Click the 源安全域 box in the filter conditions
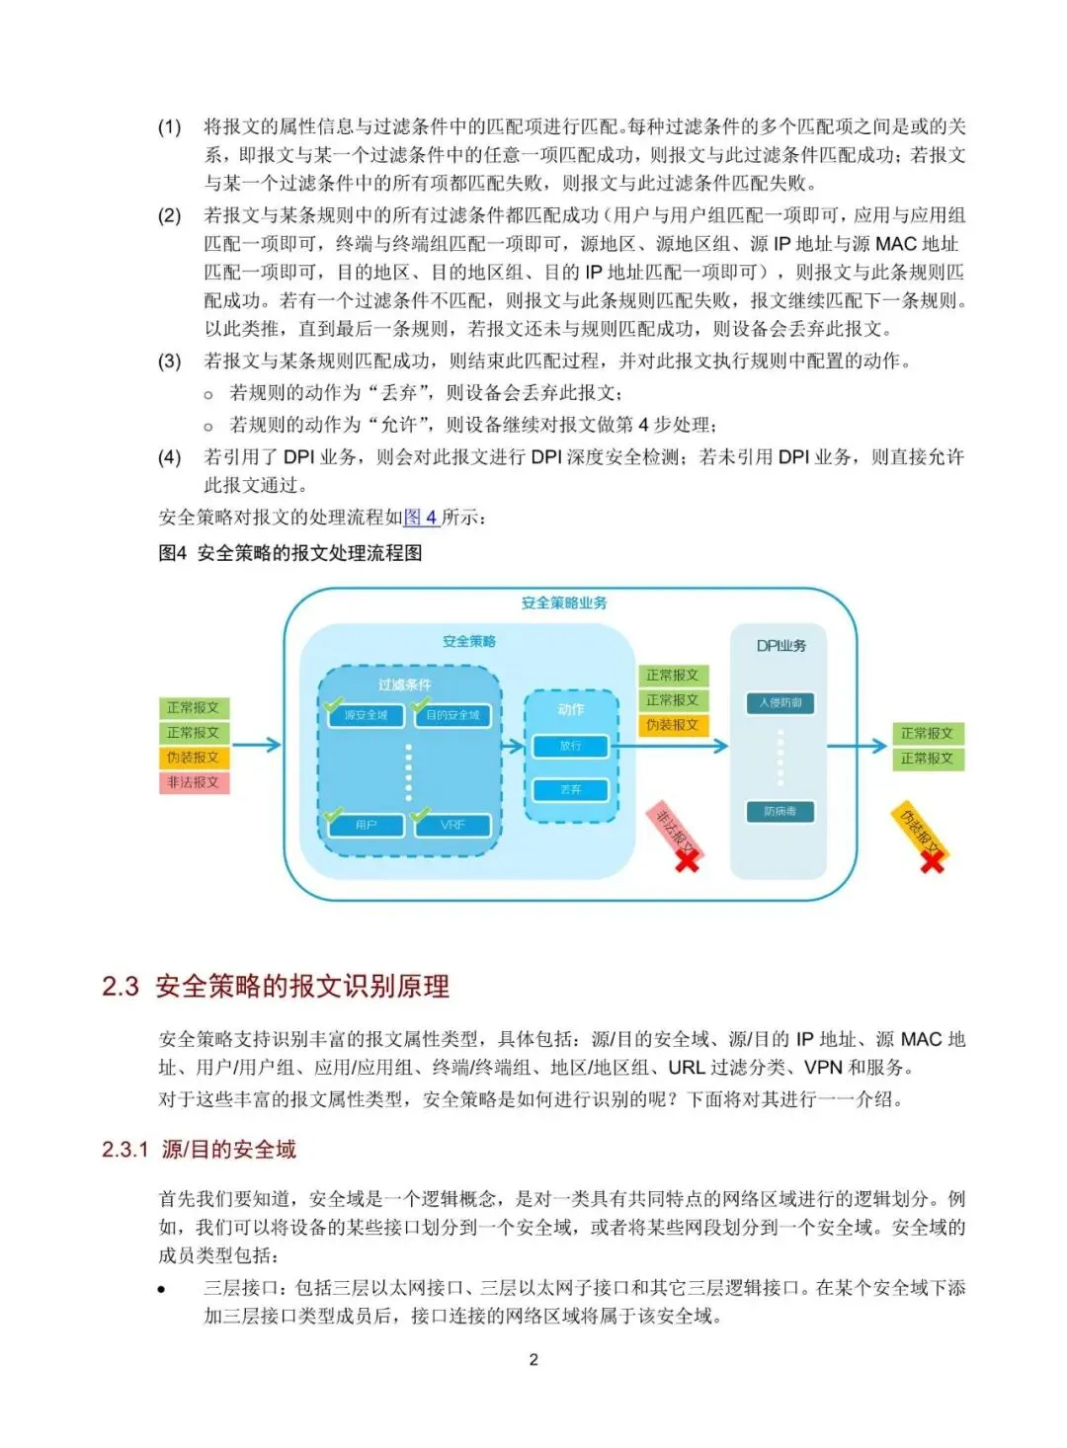[x=366, y=715]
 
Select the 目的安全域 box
[x=452, y=715]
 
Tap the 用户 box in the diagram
[x=366, y=825]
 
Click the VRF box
[x=452, y=825]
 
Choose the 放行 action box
[x=570, y=746]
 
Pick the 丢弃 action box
[x=570, y=790]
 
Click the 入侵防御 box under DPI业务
[x=780, y=703]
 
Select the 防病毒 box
[x=780, y=812]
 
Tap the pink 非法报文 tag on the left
[x=193, y=782]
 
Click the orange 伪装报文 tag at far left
[x=193, y=758]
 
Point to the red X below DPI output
[x=932, y=861]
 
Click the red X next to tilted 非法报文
[x=687, y=860]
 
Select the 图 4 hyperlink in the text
[x=421, y=517]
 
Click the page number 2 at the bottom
[x=533, y=1360]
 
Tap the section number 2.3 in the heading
[x=121, y=986]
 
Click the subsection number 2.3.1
[x=124, y=1149]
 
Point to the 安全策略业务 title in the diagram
[x=564, y=603]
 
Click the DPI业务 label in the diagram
[x=780, y=646]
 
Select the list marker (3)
[x=170, y=361]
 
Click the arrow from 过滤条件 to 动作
[x=513, y=746]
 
